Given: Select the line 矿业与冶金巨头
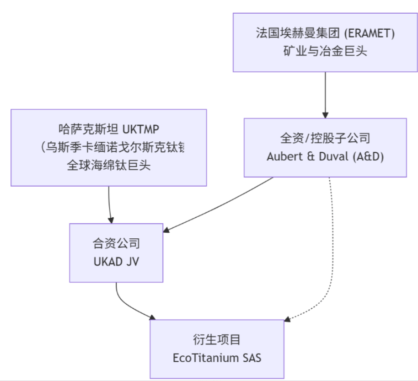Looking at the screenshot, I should pyautogui.click(x=325, y=50).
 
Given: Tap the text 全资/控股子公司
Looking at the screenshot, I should pyautogui.click(x=325, y=138).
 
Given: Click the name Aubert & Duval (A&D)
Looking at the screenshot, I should pyautogui.click(x=325, y=156).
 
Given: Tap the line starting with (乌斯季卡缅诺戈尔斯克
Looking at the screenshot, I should pyautogui.click(x=112, y=147).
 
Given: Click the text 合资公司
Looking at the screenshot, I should pyautogui.click(x=116, y=244).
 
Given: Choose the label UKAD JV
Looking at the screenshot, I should pyautogui.click(x=116, y=262).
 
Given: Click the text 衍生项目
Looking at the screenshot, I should pyautogui.click(x=217, y=339).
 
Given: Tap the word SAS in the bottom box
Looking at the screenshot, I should pyautogui.click(x=252, y=357).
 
